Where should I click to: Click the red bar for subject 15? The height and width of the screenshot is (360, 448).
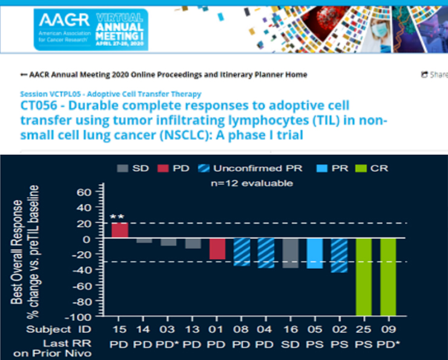tap(120, 231)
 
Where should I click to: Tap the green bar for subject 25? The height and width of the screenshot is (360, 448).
tap(363, 277)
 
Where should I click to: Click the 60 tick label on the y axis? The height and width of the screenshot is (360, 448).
tap(84, 192)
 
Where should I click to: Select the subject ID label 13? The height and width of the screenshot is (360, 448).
tap(193, 329)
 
